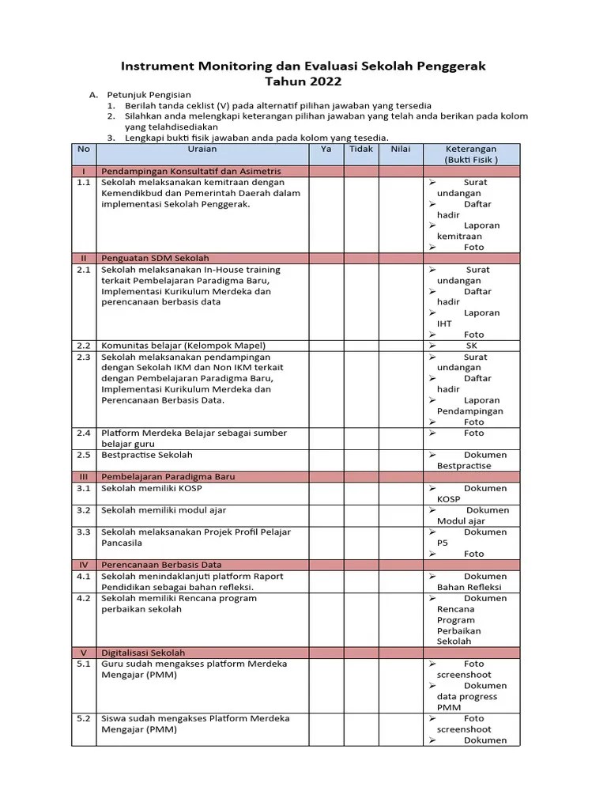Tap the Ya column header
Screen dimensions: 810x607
click(x=326, y=149)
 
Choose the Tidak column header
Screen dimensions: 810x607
click(x=360, y=149)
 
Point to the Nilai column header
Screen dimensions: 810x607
click(x=401, y=149)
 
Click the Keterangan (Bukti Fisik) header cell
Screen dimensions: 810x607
click(x=471, y=153)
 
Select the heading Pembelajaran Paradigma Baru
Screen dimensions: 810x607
click(x=168, y=477)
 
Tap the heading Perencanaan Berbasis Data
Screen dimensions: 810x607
click(x=161, y=565)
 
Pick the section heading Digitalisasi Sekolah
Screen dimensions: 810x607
click(x=143, y=653)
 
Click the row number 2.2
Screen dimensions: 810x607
click(x=84, y=346)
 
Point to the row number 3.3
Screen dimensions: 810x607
click(x=84, y=532)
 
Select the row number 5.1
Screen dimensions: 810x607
click(x=84, y=664)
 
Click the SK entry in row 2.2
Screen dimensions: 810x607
click(x=472, y=346)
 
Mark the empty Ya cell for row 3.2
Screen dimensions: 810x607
click(x=326, y=516)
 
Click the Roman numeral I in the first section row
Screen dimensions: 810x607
click(x=84, y=171)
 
